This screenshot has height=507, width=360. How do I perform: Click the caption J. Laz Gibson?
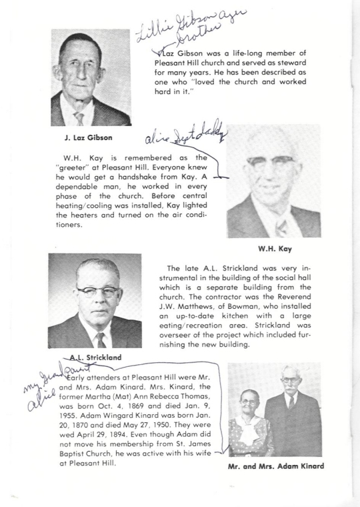tap(81, 139)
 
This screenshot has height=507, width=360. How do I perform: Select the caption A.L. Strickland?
tap(96, 358)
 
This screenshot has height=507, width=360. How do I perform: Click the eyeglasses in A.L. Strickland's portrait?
tap(97, 292)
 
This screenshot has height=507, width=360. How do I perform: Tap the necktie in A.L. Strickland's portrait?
tap(100, 340)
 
